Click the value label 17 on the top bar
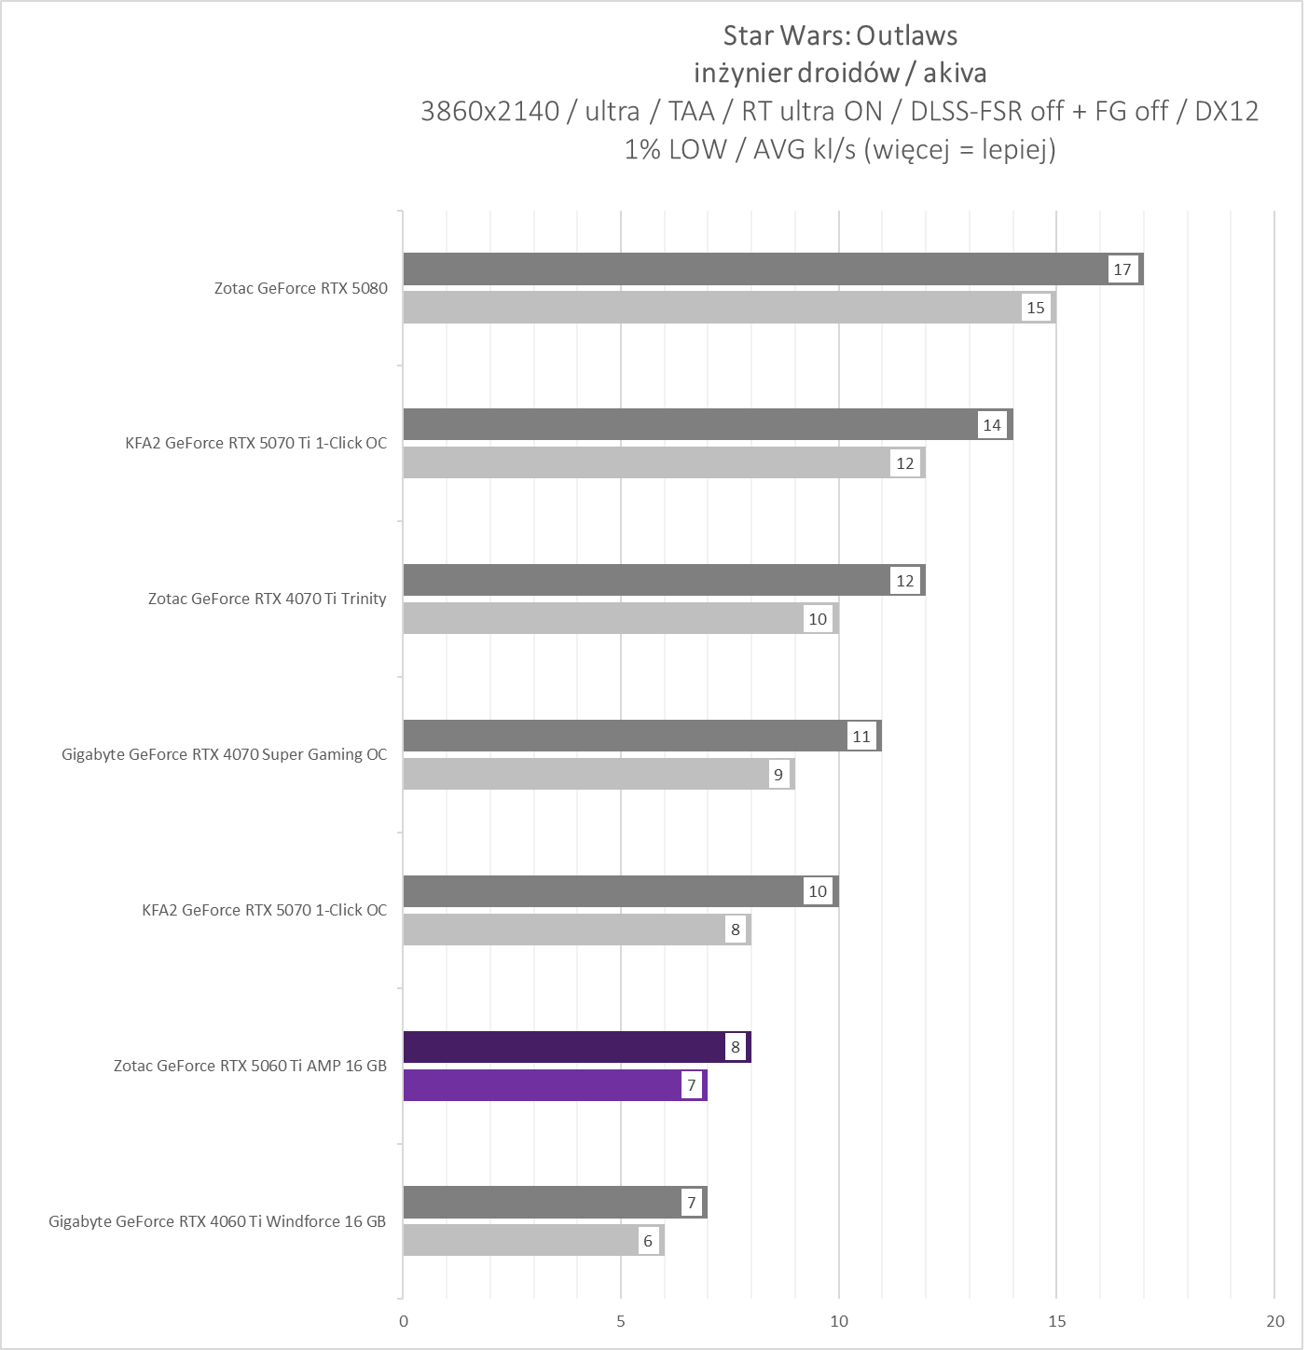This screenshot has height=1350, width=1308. (x=1122, y=269)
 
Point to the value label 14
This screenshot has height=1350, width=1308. (x=992, y=425)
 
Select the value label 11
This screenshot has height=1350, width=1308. (x=861, y=737)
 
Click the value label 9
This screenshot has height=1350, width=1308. (x=778, y=775)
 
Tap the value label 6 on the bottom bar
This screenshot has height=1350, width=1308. (x=648, y=1241)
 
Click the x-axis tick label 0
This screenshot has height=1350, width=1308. (x=404, y=1321)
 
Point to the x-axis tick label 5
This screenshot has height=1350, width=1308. (x=621, y=1321)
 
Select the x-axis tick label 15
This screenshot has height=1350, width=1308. (x=1056, y=1321)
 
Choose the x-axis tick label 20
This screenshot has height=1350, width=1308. (x=1274, y=1321)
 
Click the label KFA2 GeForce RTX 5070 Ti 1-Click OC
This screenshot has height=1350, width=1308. (x=256, y=443)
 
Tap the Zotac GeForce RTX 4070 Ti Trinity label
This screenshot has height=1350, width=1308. (x=268, y=599)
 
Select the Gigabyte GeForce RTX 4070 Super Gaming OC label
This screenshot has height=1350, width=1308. (x=225, y=754)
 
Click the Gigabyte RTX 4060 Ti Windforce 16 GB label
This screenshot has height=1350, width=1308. (x=217, y=1221)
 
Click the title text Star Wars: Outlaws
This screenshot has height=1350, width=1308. (x=840, y=35)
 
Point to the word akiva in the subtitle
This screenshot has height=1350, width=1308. (x=955, y=73)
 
